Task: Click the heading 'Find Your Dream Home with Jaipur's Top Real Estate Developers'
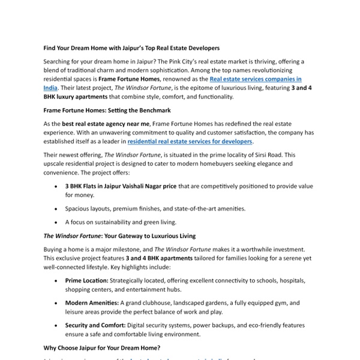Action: [x=132, y=47]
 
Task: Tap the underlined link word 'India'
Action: [x=50, y=87]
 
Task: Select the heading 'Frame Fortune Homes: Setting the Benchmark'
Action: [x=107, y=110]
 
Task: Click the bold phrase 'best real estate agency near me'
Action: [x=106, y=124]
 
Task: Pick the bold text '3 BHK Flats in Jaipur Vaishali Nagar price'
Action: [x=121, y=186]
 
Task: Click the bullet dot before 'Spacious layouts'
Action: [x=56, y=209]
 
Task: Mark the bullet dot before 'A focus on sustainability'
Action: [x=56, y=222]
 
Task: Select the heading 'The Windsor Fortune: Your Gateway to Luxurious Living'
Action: [x=119, y=236]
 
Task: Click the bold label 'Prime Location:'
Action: [x=87, y=280]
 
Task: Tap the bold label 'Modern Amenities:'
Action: [x=92, y=303]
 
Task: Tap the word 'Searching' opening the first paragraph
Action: [x=58, y=61]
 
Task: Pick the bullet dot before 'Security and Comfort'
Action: [x=56, y=326]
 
